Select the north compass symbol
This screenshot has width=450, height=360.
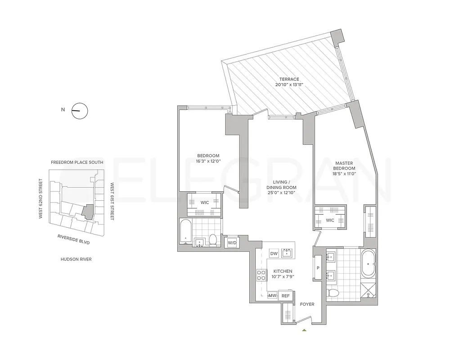(80, 110)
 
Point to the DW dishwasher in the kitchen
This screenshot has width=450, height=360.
(274, 253)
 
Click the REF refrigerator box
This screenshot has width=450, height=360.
(285, 296)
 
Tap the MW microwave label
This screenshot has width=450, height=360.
(272, 296)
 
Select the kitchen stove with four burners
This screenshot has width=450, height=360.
(261, 274)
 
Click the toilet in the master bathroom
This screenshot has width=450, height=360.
(334, 293)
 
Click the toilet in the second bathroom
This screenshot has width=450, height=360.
(214, 240)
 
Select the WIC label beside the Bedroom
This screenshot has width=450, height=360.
(204, 202)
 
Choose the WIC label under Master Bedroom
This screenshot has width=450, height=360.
(330, 220)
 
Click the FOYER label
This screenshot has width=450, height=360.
(307, 304)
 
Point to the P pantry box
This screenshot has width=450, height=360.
(318, 268)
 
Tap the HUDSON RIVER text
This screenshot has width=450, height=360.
(76, 259)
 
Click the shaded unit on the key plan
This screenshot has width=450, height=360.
(88, 211)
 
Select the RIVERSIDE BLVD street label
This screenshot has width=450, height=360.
(74, 239)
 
